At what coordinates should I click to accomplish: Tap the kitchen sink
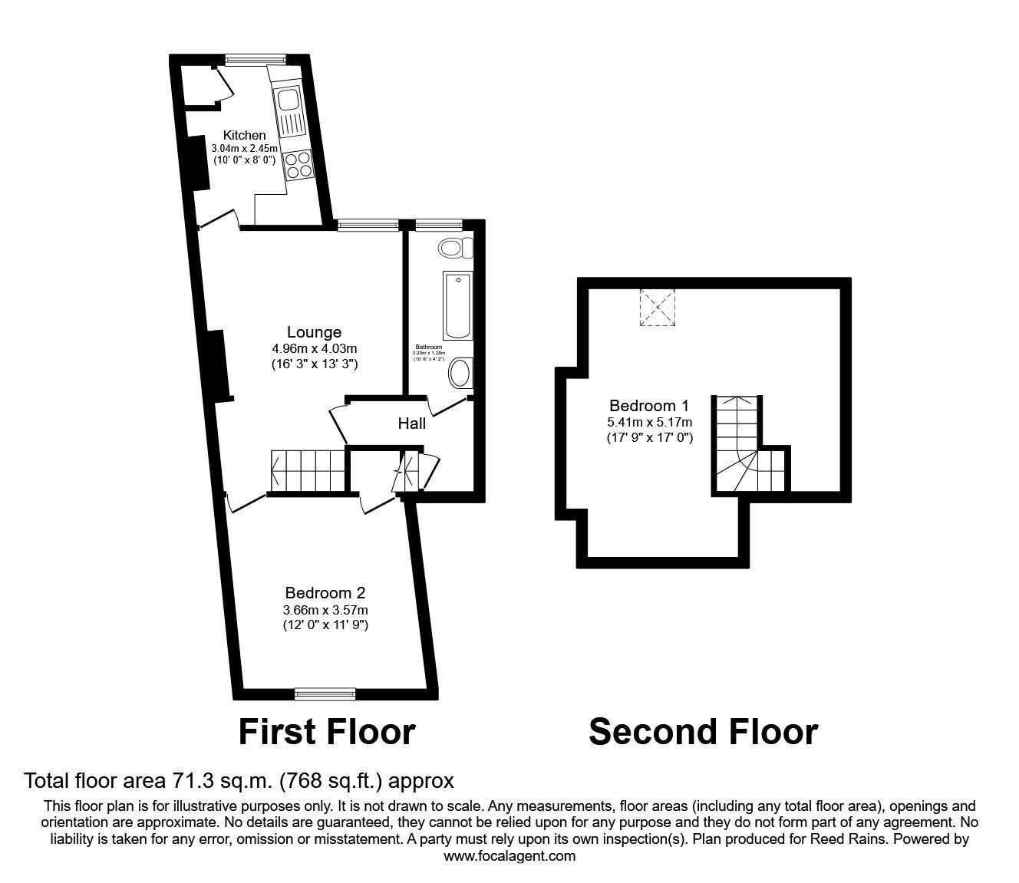click(x=289, y=100)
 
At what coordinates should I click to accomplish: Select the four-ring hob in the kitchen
click(x=297, y=164)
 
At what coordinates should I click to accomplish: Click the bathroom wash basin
click(x=460, y=373)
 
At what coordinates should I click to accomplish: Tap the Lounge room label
click(x=314, y=332)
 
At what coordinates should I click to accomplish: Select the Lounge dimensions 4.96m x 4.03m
click(x=314, y=348)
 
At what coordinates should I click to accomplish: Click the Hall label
click(x=411, y=423)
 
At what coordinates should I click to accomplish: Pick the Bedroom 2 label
click(x=325, y=592)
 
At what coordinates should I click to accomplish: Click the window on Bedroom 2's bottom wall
click(x=325, y=694)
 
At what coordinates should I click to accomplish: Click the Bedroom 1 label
click(x=649, y=405)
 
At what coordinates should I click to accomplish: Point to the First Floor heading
click(x=326, y=732)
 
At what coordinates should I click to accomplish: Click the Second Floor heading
click(x=702, y=732)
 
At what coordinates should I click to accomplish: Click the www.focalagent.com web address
click(x=509, y=856)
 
